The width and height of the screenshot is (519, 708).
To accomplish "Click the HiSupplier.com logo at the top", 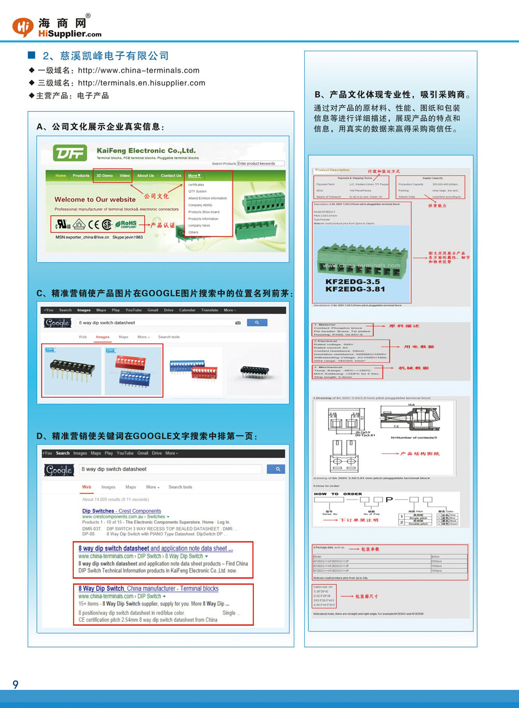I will (57, 27).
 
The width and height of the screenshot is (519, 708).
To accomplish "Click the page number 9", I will (16, 685).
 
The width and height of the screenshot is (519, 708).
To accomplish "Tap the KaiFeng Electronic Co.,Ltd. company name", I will (146, 151).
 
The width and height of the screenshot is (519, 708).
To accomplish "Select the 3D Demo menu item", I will (104, 176).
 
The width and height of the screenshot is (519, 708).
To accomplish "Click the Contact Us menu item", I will (171, 176).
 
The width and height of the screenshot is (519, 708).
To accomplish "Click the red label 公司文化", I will (156, 196).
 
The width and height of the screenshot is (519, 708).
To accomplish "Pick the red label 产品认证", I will (162, 225).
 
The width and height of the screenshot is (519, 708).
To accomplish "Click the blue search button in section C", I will (257, 322).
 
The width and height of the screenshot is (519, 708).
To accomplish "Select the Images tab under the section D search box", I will (108, 487).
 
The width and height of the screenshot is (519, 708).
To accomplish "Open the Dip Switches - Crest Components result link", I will (121, 511).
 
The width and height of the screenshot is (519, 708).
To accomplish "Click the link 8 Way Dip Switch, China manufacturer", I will (148, 589).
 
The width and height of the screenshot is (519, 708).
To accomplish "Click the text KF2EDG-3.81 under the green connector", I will (355, 289).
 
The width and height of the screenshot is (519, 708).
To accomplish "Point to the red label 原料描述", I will (404, 326).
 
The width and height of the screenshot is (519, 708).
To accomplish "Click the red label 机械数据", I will (414, 368).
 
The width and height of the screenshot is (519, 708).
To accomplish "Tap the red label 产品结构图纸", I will (420, 454).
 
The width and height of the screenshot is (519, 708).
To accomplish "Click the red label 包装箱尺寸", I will (366, 597).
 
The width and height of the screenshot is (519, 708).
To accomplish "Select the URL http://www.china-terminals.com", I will (139, 70).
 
